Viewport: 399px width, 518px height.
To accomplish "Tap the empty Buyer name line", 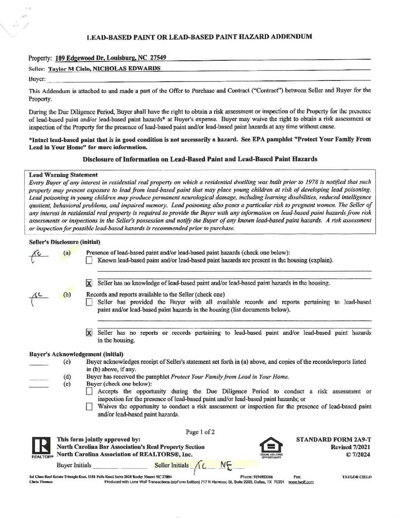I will pyautogui.click(x=202, y=79).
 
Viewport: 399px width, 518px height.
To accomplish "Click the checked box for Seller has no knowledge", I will pyautogui.click(x=89, y=283).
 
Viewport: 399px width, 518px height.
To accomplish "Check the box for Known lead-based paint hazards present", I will pyautogui.click(x=89, y=261).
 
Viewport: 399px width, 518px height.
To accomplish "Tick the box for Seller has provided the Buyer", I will pyautogui.click(x=89, y=302).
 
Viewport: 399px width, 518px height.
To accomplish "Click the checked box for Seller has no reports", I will pyautogui.click(x=89, y=333).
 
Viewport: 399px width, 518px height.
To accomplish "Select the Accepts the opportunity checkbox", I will pyautogui.click(x=89, y=392).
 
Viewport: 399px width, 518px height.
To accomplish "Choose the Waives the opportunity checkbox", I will pyautogui.click(x=89, y=406).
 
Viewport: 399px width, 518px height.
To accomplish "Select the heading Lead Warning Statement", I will pyautogui.click(x=64, y=175).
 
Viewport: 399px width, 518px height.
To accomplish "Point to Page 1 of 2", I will pyautogui.click(x=200, y=432).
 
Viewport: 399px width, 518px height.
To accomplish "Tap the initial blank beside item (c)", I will pyautogui.click(x=39, y=363).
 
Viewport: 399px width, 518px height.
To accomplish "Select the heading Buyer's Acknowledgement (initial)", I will pyautogui.click(x=76, y=354).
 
